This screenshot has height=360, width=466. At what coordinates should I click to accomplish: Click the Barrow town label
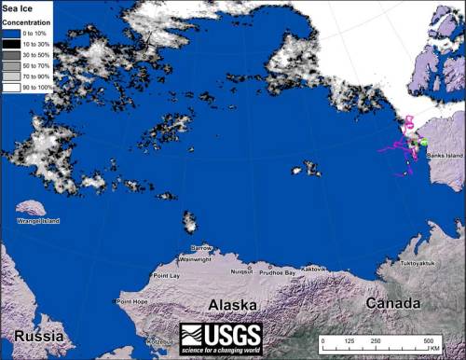click(x=201, y=248)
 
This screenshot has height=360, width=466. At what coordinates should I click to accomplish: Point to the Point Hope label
click(x=132, y=301)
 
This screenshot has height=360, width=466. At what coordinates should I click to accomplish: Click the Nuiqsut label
click(x=241, y=271)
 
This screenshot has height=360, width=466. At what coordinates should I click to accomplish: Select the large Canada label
click(x=391, y=304)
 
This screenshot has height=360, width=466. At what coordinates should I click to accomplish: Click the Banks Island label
click(x=444, y=156)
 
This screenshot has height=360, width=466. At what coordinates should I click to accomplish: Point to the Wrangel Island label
click(x=37, y=221)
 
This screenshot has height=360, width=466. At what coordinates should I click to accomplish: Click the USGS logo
click(x=220, y=337)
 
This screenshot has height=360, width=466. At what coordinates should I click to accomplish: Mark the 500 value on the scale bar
click(x=429, y=342)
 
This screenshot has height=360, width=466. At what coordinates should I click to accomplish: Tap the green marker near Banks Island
click(x=423, y=143)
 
